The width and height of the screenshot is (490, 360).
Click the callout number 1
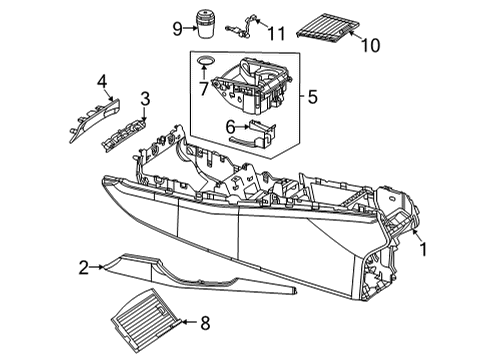click(x=423, y=249)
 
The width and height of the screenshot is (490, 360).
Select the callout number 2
click(x=84, y=267)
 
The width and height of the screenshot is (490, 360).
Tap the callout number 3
click(x=145, y=99)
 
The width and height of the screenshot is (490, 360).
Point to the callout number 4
click(x=102, y=82)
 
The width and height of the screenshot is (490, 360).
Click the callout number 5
click(x=313, y=97)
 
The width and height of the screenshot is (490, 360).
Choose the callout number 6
click(x=230, y=127)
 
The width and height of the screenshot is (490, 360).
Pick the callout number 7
click(x=204, y=89)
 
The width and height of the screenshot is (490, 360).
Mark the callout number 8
click(x=205, y=323)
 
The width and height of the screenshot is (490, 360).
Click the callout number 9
click(x=178, y=29)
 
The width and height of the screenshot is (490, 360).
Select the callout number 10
click(x=371, y=45)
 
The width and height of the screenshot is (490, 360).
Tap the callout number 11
click(x=277, y=33)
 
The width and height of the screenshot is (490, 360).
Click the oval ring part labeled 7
click(x=205, y=61)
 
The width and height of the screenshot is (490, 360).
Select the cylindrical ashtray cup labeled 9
click(x=206, y=24)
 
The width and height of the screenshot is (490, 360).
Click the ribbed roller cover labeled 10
click(x=328, y=29)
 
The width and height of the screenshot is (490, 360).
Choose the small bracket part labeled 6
click(x=252, y=135)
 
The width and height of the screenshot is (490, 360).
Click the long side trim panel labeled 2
click(x=199, y=274)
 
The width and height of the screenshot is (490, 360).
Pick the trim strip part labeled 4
click(x=95, y=120)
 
